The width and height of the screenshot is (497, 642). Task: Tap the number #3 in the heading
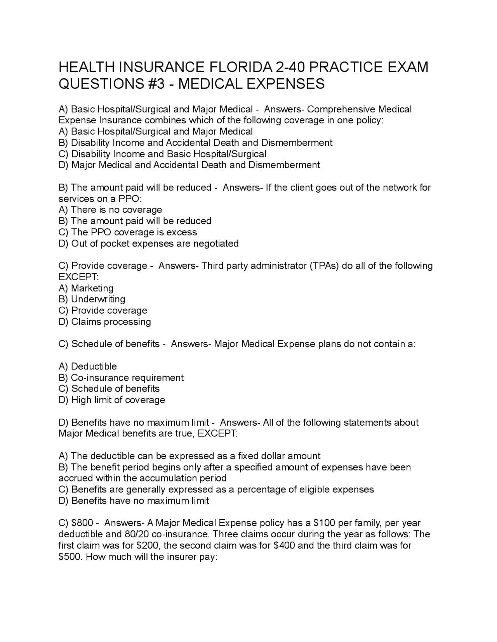157,84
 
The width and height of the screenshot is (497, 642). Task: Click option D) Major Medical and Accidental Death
189,165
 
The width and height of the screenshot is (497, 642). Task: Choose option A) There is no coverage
110,210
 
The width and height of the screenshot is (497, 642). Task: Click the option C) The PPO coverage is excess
128,232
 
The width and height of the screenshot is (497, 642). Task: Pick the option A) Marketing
86,288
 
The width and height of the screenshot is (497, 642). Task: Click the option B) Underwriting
92,299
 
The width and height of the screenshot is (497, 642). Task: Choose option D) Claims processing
105,322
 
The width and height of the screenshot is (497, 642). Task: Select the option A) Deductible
88,366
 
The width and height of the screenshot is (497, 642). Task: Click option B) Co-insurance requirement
121,378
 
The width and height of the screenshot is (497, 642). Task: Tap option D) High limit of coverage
112,400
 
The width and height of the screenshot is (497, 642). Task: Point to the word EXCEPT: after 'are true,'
217,433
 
